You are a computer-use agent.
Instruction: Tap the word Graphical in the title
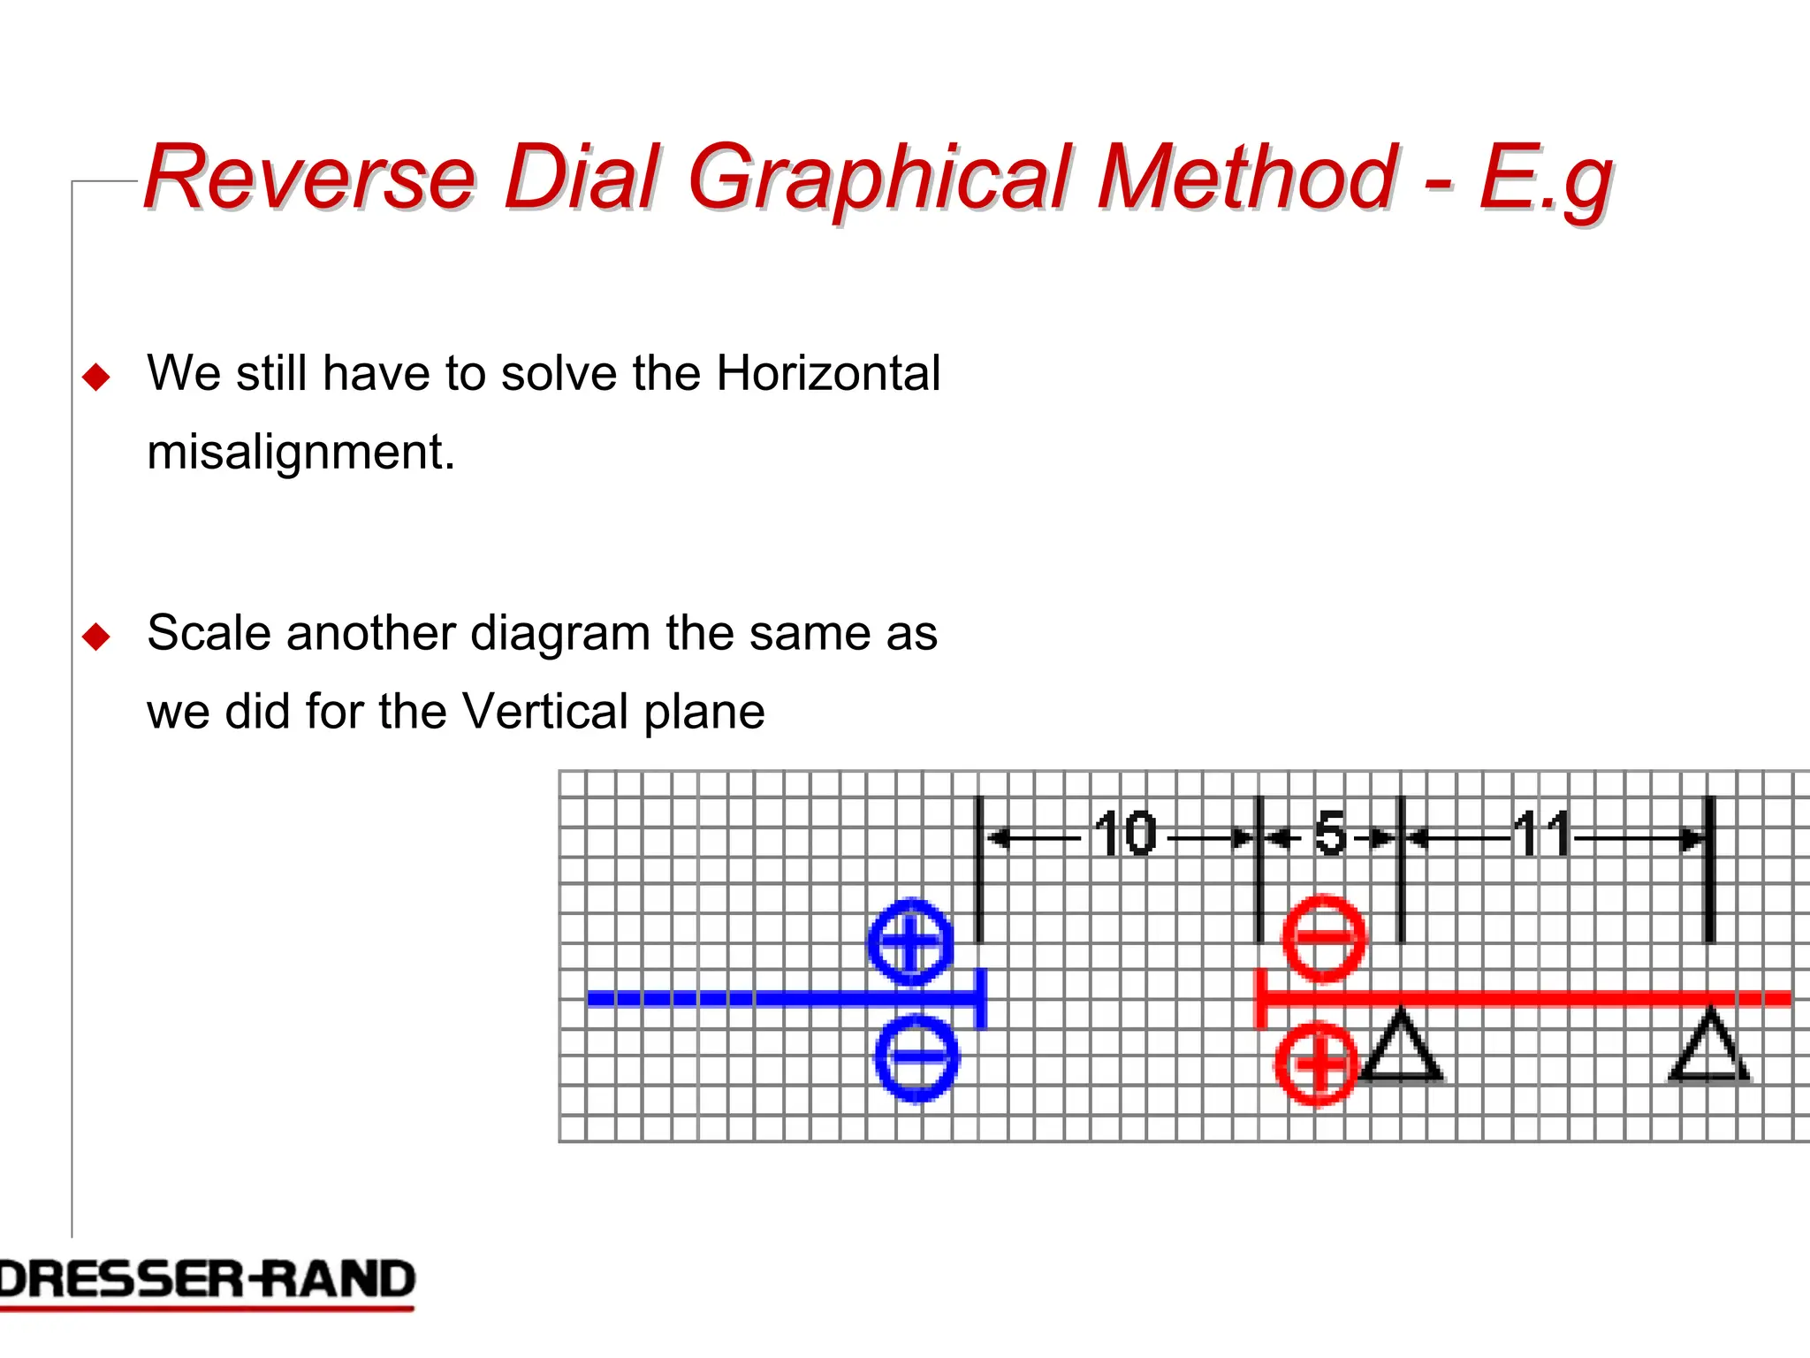point(880,179)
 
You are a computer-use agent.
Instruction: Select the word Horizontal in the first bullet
point(828,373)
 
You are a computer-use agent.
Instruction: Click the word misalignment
point(300,452)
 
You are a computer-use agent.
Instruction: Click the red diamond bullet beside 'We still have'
point(95,378)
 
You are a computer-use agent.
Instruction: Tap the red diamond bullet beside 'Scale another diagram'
point(95,637)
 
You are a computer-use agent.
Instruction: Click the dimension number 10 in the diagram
point(1124,834)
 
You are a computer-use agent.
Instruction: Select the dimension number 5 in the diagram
point(1330,834)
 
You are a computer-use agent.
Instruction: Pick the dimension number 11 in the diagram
point(1542,834)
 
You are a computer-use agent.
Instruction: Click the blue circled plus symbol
point(911,942)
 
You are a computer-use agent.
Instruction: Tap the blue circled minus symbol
point(916,1057)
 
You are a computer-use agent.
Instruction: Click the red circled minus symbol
point(1323,938)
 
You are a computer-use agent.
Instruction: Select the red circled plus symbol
point(1316,1064)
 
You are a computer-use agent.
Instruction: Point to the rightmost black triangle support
point(1709,1049)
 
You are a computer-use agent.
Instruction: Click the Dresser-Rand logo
point(207,1282)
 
